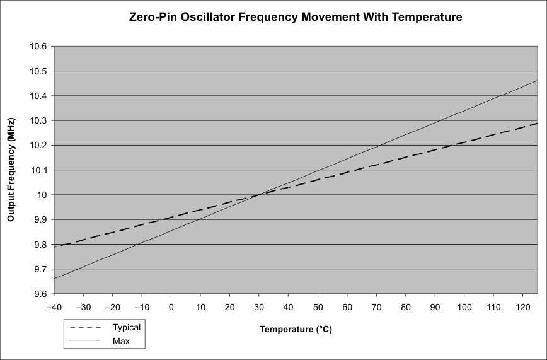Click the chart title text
[x=295, y=18]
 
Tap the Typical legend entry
[x=127, y=327]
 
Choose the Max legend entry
[x=122, y=341]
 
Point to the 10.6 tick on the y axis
[x=38, y=47]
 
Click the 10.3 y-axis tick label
[x=38, y=120]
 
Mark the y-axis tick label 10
[x=43, y=195]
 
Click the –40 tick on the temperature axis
[x=54, y=306]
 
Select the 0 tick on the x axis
[x=171, y=306]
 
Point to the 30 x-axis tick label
[x=259, y=306]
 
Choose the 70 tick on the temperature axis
[x=376, y=306]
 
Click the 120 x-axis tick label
[x=522, y=306]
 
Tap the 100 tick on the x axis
[x=464, y=306]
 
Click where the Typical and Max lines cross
[x=259, y=195]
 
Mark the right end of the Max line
[x=538, y=81]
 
